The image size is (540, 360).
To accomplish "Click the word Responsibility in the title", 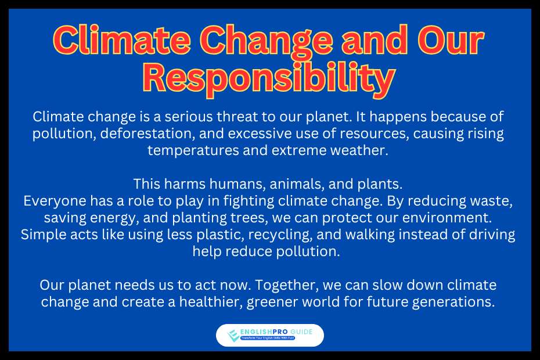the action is pyautogui.click(x=269, y=78).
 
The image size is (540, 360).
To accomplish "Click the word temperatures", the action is pyautogui.click(x=193, y=150).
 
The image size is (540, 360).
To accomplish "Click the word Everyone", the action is pyautogui.click(x=55, y=201).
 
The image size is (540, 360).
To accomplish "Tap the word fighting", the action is pyautogui.click(x=249, y=201).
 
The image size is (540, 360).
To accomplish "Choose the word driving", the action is pyautogui.click(x=492, y=235).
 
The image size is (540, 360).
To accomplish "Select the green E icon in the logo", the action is pyautogui.click(x=233, y=335).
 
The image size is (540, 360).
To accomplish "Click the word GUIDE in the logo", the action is pyautogui.click(x=301, y=332).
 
